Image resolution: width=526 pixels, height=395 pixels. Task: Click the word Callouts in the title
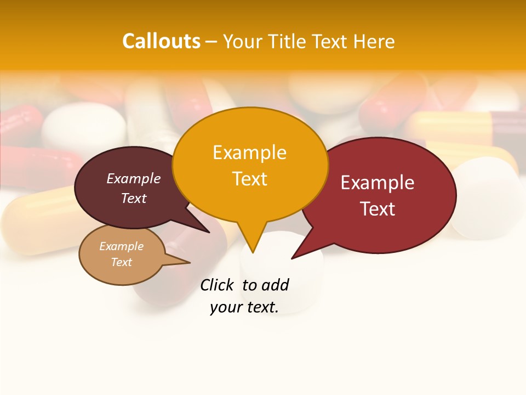point(161,41)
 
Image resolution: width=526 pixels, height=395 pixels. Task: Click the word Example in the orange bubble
point(249,153)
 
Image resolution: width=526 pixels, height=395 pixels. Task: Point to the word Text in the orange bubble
point(249,179)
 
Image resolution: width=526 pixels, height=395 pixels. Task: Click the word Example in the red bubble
point(378,183)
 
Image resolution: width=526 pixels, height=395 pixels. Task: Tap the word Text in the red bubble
point(378,209)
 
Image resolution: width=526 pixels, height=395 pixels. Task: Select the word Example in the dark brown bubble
point(134,178)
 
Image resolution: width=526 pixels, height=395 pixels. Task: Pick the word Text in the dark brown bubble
point(134,198)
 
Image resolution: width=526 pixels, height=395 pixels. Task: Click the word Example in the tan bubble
point(122,246)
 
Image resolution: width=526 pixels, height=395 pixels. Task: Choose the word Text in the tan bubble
point(122,262)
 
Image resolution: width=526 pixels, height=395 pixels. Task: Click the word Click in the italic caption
point(216,285)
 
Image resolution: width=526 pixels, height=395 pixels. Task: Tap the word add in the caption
point(275,285)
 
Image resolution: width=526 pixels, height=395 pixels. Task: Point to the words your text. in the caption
point(244,307)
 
